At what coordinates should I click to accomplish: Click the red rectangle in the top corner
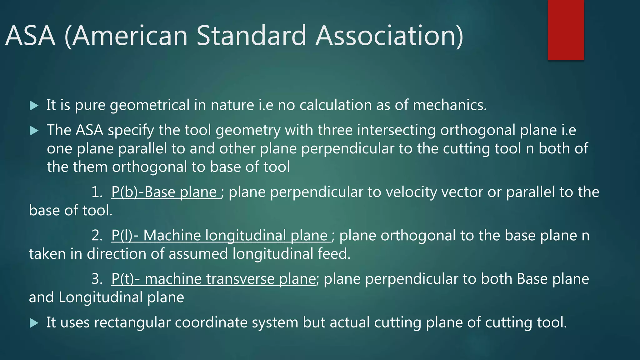[x=566, y=30]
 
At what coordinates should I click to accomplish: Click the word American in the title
[x=130, y=36]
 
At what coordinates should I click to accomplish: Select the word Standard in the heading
[x=252, y=36]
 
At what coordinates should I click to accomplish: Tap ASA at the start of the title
[x=30, y=36]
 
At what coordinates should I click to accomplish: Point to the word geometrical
[x=150, y=105]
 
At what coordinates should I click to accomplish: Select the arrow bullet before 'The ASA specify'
[x=34, y=131]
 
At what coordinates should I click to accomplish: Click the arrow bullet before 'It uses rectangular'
[x=34, y=323]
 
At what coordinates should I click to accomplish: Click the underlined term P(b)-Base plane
[x=166, y=192]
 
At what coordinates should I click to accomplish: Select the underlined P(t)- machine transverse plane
[x=214, y=279]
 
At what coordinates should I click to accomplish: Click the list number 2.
[x=97, y=236]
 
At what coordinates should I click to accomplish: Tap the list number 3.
[x=97, y=279]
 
